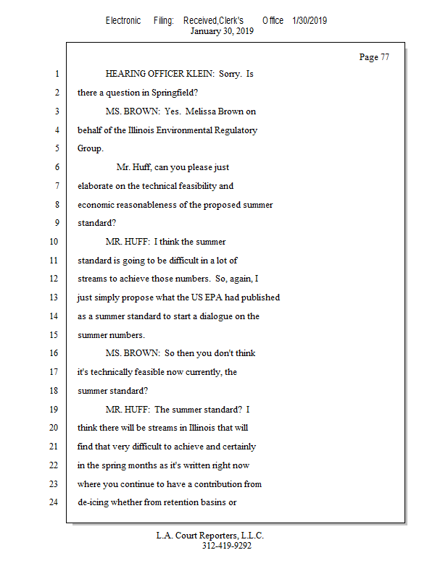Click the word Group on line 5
pyautogui.click(x=89, y=149)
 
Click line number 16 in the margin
pyautogui.click(x=53, y=354)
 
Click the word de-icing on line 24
pyautogui.click(x=96, y=502)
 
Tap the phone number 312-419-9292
pyautogui.click(x=226, y=546)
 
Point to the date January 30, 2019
pyautogui.click(x=221, y=31)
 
